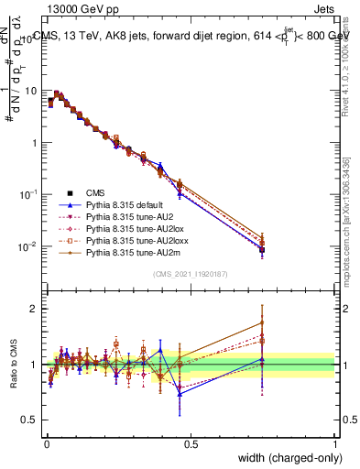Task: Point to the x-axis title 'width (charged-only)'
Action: pos(284,458)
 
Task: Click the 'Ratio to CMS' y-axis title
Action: pos(14,365)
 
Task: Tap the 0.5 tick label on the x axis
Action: pos(190,443)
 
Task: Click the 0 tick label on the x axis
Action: pos(46,443)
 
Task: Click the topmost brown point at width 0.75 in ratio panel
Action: pos(263,322)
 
